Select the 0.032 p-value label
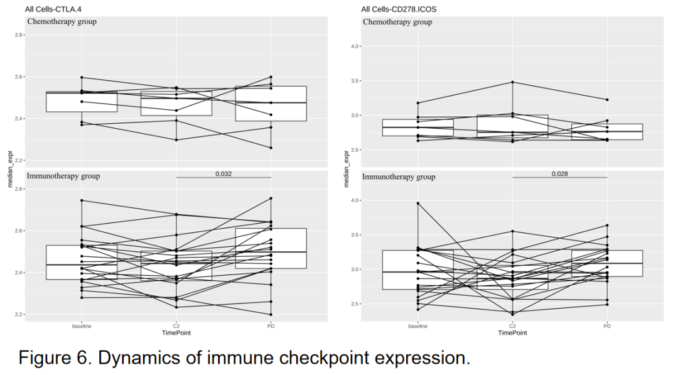[x=223, y=173]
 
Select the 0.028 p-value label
[x=560, y=173]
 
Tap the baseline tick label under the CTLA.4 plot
[x=82, y=326]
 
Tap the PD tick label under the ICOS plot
[x=607, y=326]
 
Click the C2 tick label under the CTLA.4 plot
[x=176, y=326]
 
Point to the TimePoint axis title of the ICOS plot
[x=512, y=333]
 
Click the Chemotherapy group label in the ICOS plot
[x=398, y=22]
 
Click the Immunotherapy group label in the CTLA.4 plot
[x=63, y=176]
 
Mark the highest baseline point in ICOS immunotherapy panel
[x=418, y=203]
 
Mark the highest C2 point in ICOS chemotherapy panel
[x=512, y=82]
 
